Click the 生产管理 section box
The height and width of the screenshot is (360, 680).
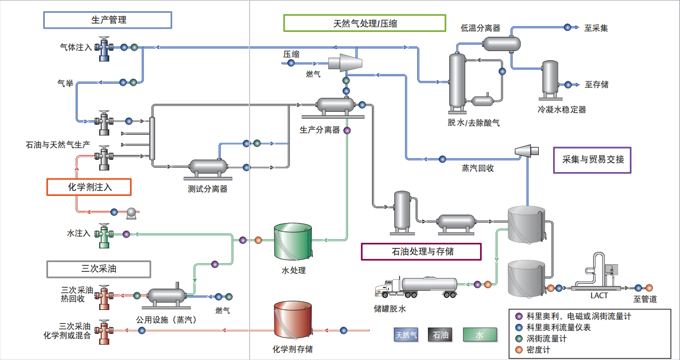[x=108, y=20]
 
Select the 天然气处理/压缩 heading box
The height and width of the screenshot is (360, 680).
[x=365, y=23]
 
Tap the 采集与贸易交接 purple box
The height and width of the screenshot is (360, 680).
[x=593, y=160]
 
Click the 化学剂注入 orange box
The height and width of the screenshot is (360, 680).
[x=89, y=187]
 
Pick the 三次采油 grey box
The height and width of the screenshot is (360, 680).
[x=99, y=269]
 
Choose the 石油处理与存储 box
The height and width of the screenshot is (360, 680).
[x=421, y=251]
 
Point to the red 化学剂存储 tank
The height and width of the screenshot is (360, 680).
[x=293, y=320]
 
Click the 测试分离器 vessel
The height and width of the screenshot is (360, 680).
[x=207, y=168]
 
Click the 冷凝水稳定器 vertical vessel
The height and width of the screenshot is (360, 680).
[x=550, y=80]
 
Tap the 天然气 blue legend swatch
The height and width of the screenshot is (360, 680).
[x=406, y=335]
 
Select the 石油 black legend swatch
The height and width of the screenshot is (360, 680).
[x=441, y=335]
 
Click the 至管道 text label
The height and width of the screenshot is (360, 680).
[x=645, y=299]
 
